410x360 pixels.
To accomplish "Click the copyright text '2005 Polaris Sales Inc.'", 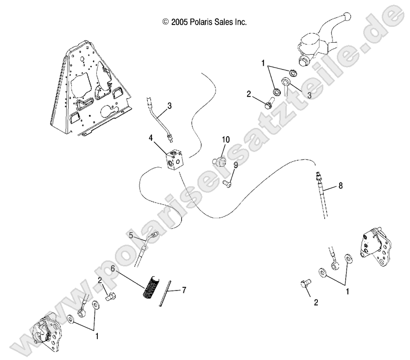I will (x=204, y=22).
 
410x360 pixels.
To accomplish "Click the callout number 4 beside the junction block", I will (x=151, y=138).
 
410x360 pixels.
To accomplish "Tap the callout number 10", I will (x=226, y=139).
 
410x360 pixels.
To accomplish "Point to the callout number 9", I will (x=235, y=164).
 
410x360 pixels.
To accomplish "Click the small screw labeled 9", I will (x=227, y=183).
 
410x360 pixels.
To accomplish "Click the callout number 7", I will (x=184, y=291).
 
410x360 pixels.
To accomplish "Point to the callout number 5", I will (x=131, y=235).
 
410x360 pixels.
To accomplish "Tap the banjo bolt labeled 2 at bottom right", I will (x=306, y=284).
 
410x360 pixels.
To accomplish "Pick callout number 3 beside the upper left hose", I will (x=157, y=106).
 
